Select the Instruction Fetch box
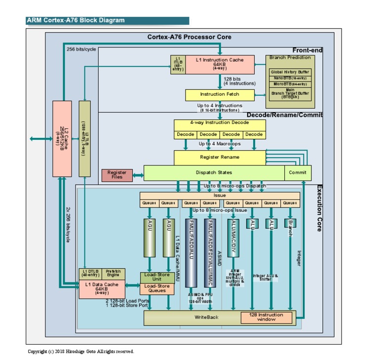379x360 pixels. (x=220, y=94)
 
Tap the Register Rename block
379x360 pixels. (x=220, y=157)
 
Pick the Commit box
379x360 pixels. (x=298, y=173)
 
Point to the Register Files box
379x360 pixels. (x=117, y=175)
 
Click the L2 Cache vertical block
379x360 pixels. (x=62, y=138)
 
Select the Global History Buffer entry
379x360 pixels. (x=290, y=72)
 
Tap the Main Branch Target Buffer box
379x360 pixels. (x=290, y=94)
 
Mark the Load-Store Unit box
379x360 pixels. (x=157, y=277)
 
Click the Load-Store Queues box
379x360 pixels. (x=157, y=288)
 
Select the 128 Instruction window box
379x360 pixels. (x=266, y=317)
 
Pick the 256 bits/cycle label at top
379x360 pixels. (x=81, y=49)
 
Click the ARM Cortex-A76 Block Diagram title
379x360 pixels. (x=76, y=21)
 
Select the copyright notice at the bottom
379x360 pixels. (x=80, y=352)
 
